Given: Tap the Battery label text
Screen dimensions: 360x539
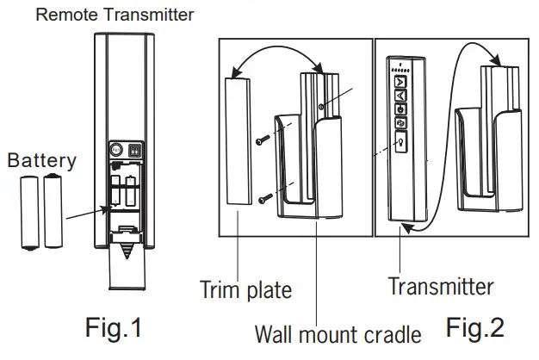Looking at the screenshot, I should [x=42, y=160].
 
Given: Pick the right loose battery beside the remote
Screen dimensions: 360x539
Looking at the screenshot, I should [x=53, y=211].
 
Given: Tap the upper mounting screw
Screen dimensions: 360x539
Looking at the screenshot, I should [x=263, y=137].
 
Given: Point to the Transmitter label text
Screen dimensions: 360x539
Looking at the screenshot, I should [x=441, y=286].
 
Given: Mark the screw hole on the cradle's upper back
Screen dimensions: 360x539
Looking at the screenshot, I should [x=321, y=107].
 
